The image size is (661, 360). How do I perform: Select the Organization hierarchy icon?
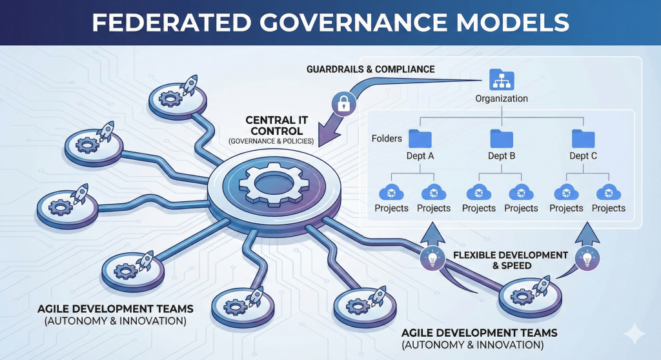point(501,80)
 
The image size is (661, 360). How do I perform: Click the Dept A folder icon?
point(420,138)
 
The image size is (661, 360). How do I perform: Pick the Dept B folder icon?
point(501,138)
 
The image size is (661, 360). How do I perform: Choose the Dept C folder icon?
point(583,138)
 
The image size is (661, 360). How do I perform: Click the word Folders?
point(387,138)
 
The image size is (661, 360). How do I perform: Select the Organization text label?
point(502,99)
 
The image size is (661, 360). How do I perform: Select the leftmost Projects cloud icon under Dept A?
point(391,193)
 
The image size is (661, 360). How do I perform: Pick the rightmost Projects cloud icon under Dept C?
point(608,193)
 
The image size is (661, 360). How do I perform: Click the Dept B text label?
point(502,155)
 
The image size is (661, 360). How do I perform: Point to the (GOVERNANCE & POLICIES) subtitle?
point(271,141)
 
